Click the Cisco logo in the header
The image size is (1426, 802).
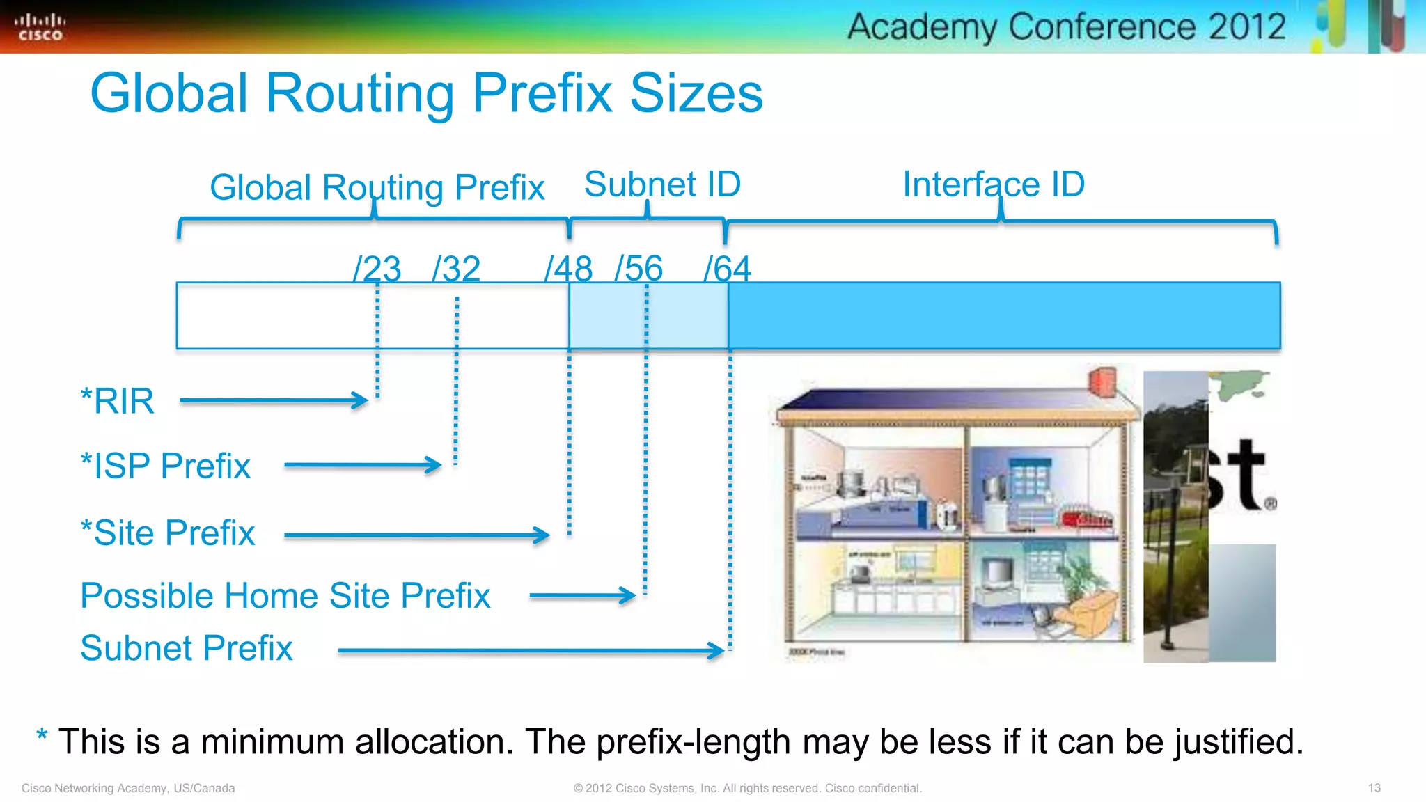pos(40,27)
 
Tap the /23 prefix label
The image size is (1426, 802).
pos(377,269)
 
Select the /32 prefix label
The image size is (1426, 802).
pos(456,269)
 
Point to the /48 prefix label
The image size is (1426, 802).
pos(568,269)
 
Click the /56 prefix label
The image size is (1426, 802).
pos(638,268)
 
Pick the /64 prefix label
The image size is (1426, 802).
pos(727,269)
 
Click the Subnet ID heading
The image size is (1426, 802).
pos(662,184)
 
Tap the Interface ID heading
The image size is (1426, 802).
pos(994,184)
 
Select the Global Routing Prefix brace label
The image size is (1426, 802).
pos(377,187)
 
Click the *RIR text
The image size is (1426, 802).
pos(117,401)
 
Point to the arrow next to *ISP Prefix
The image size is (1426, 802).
pos(363,465)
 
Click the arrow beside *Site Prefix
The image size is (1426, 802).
pos(416,535)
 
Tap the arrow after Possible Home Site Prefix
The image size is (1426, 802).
pos(582,595)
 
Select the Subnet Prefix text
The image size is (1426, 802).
pos(186,648)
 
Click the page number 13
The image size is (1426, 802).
pos(1374,788)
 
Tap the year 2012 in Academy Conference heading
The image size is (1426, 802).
pos(1247,26)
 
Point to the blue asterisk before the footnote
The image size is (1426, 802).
pos(42,736)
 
